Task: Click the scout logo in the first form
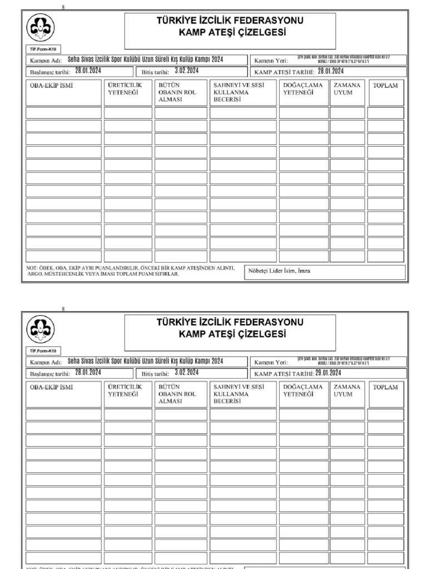click(43, 28)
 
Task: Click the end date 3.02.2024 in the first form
click(187, 71)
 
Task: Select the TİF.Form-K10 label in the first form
click(43, 48)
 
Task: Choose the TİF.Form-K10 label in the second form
click(43, 351)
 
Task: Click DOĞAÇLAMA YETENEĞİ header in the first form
click(302, 89)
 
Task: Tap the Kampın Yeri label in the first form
click(271, 61)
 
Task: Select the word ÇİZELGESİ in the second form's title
click(259, 334)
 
